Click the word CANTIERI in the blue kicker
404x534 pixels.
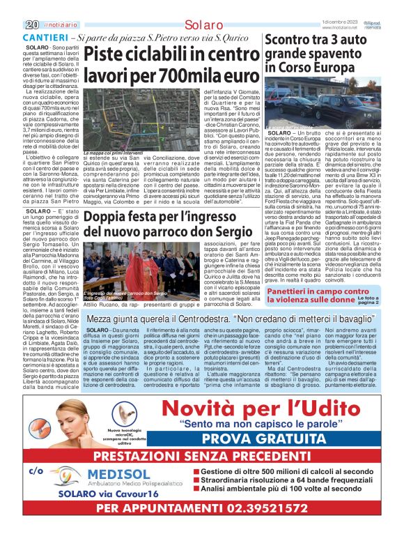(46, 36)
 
